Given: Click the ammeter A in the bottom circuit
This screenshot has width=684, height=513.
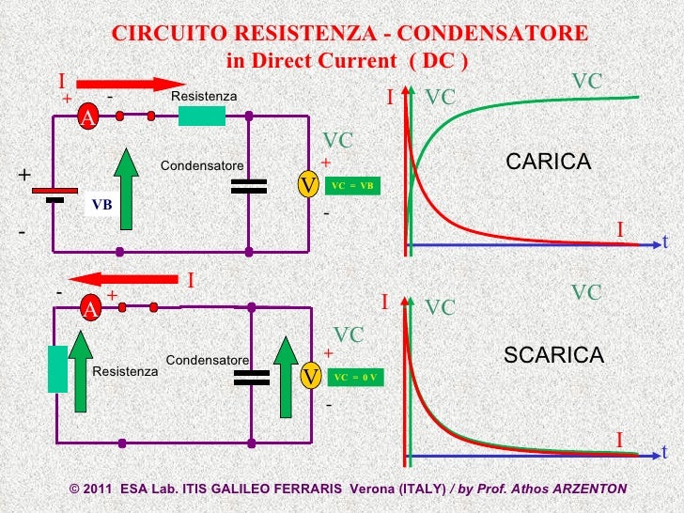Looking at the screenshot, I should click(x=89, y=308).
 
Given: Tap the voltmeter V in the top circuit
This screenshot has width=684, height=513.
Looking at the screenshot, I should click(x=306, y=186).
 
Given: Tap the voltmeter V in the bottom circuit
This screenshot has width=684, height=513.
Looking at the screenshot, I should click(x=309, y=377).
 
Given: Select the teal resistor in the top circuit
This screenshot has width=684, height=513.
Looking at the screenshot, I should click(x=202, y=116).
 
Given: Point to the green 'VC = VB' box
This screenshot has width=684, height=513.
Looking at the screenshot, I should click(x=352, y=186).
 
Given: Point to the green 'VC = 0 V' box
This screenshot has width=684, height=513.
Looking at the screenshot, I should click(x=354, y=377).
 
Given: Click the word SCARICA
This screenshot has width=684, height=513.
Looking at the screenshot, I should click(x=553, y=354).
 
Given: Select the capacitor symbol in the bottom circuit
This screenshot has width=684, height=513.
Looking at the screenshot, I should click(x=250, y=376).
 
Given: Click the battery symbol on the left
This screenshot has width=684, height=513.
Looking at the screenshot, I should click(x=55, y=194).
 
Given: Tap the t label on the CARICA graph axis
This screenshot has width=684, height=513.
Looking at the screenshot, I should click(x=665, y=242).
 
